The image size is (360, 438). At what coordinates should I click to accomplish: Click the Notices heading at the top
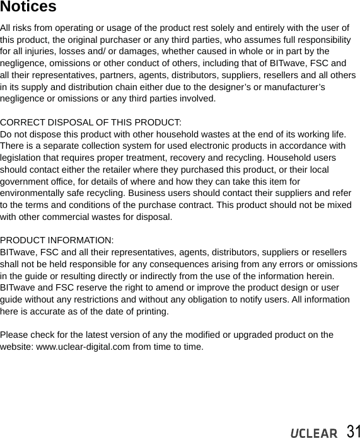[x=28, y=8]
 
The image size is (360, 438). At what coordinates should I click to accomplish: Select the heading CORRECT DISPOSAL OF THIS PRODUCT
[x=91, y=122]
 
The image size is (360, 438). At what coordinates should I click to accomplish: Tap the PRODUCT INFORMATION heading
[x=57, y=240]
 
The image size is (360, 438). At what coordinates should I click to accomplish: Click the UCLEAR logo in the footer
[x=314, y=433]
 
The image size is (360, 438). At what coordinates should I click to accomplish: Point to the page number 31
[x=353, y=431]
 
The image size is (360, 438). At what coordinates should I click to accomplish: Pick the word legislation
[x=23, y=158]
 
